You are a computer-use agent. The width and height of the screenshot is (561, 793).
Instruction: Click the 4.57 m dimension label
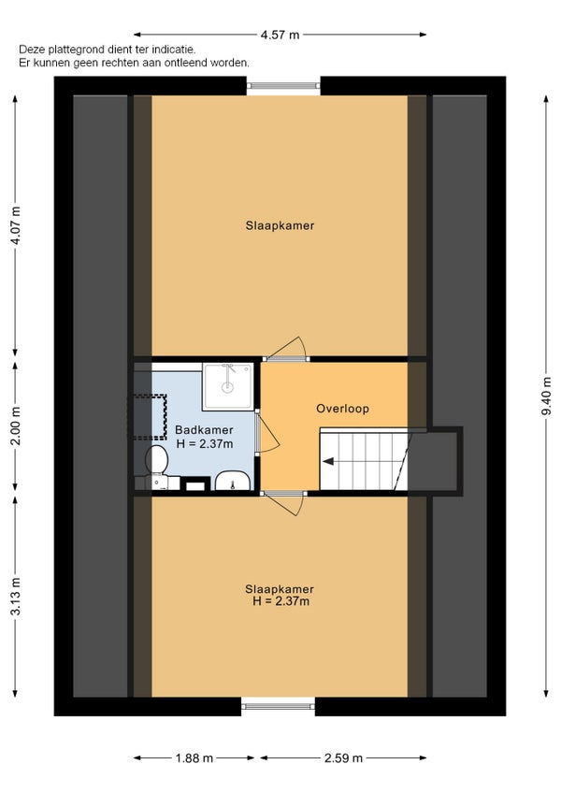click(280, 35)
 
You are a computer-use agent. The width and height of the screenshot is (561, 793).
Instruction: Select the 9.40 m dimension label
click(546, 396)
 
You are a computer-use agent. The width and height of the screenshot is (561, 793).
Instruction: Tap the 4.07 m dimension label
click(16, 225)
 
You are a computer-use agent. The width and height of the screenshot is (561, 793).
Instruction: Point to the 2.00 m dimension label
click(16, 425)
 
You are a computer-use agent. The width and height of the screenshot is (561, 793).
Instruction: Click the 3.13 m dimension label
click(16, 597)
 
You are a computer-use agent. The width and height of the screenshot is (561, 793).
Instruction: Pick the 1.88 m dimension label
click(194, 758)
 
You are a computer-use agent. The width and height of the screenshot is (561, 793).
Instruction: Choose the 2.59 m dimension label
click(343, 758)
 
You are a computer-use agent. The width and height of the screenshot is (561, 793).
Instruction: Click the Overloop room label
click(342, 409)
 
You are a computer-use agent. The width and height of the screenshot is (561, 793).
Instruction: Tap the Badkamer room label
click(204, 430)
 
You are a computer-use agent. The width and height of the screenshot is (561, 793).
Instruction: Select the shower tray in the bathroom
click(227, 386)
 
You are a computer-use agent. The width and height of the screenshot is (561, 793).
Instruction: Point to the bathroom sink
click(232, 481)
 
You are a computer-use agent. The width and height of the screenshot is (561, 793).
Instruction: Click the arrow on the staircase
click(328, 461)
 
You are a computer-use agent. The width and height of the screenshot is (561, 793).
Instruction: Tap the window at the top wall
click(283, 85)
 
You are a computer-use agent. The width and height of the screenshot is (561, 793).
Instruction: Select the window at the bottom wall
click(278, 706)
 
